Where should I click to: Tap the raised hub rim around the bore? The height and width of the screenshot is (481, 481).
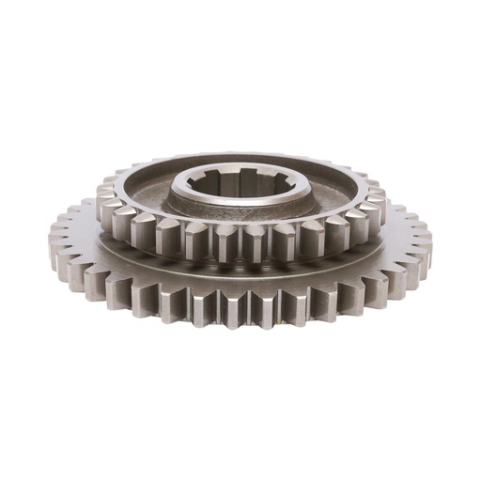point(240,208)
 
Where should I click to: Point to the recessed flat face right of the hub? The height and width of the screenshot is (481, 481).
point(336,193)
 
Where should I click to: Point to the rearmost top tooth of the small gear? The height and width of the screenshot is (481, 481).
point(240,155)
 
